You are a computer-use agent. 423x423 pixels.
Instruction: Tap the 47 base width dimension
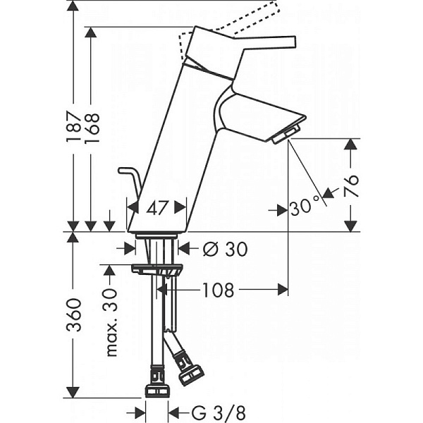[157, 207]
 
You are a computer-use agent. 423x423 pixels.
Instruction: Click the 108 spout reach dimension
[218, 290]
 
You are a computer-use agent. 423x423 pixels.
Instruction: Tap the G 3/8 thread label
[208, 412]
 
